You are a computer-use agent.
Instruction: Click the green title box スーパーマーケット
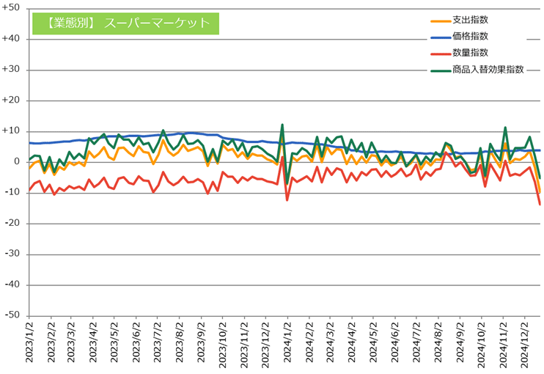[126, 23]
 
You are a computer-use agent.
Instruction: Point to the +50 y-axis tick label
[13, 9]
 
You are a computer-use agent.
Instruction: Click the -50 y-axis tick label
[13, 315]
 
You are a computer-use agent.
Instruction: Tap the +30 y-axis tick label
[13, 70]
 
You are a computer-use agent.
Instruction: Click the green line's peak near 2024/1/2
[282, 125]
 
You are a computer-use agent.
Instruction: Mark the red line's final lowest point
[540, 205]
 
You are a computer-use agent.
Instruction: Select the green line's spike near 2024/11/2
[505, 128]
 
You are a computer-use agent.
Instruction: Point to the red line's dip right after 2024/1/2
[287, 199]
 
